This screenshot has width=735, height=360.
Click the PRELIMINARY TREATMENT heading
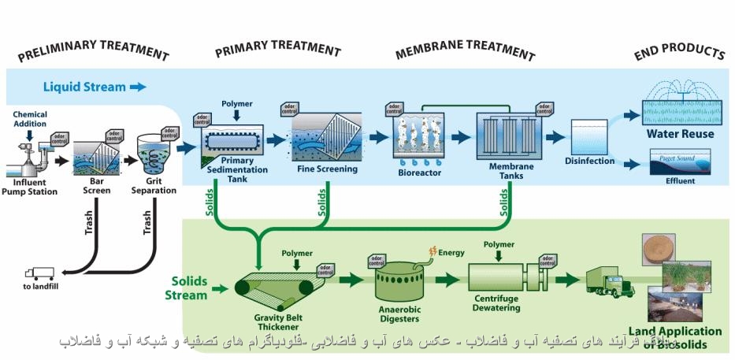tap(93, 54)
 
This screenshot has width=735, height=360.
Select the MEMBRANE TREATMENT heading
tap(464, 53)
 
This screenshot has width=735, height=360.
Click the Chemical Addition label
tap(30, 119)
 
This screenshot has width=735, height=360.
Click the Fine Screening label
tap(327, 169)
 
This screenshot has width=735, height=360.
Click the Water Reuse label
tap(680, 134)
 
